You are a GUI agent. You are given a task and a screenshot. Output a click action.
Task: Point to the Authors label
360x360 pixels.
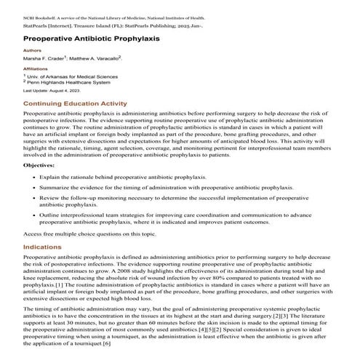[33, 50]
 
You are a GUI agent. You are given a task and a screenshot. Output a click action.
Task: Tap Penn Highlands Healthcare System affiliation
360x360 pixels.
[68, 82]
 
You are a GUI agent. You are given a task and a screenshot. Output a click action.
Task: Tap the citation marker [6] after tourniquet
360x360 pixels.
[107, 343]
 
